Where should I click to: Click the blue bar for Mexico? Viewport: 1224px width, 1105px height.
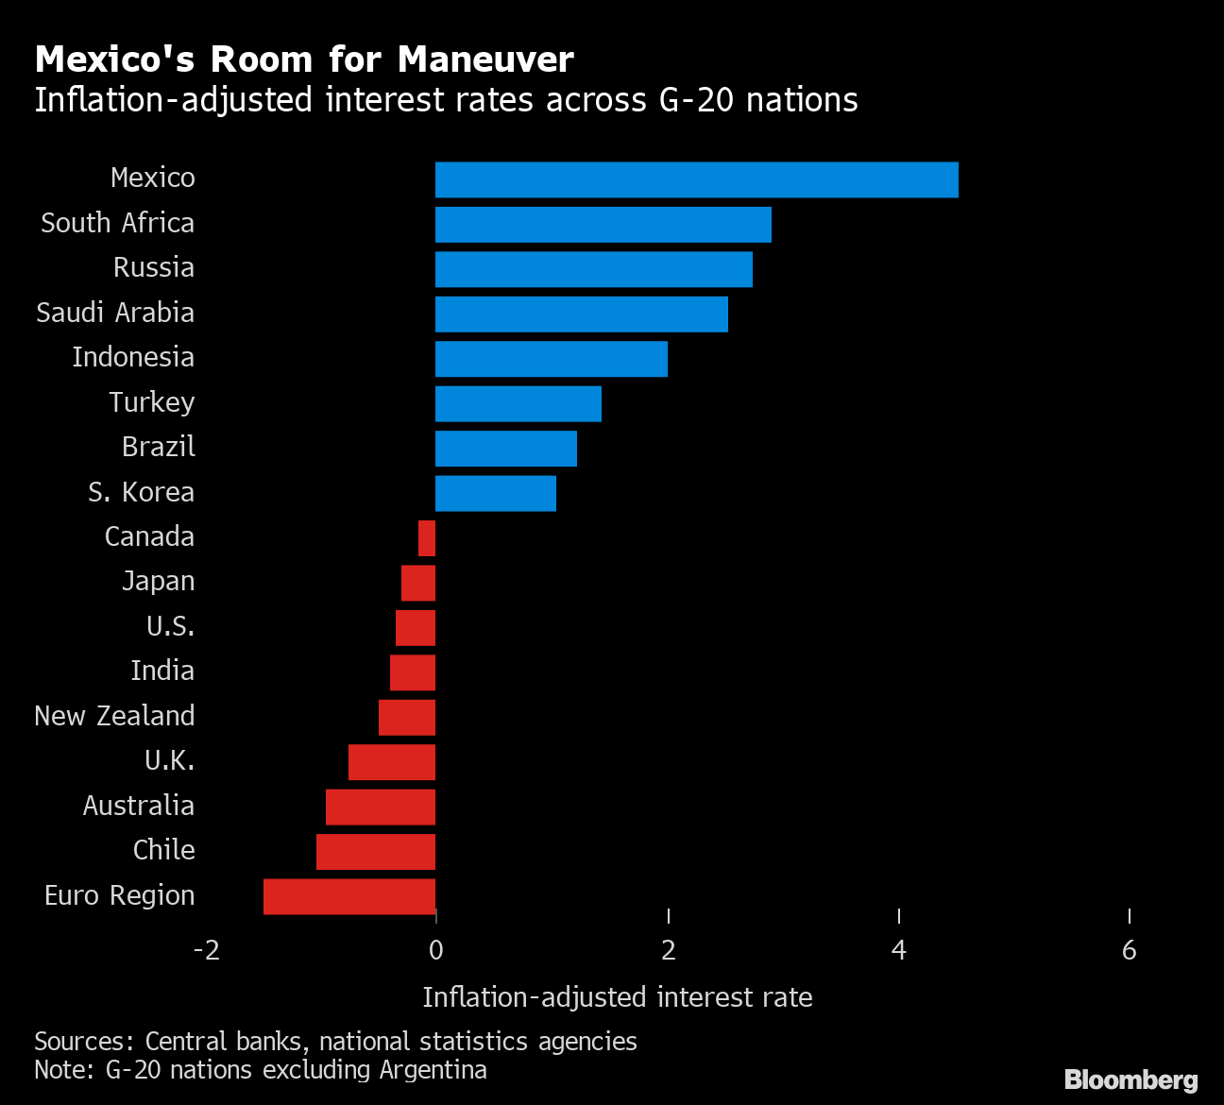coord(696,179)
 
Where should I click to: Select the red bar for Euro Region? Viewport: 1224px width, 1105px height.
coord(349,896)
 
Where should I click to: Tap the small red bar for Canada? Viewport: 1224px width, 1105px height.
coord(427,538)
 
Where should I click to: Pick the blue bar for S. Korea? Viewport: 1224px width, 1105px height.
coord(495,493)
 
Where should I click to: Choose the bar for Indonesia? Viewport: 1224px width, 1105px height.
coord(551,359)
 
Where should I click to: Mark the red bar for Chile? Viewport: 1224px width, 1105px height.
coord(376,852)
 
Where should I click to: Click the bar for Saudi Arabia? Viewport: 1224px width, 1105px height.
coord(581,314)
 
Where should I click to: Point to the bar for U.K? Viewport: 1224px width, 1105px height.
coord(392,762)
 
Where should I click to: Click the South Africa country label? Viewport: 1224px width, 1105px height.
coord(117,223)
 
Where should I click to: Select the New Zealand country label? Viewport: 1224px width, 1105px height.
coord(114,716)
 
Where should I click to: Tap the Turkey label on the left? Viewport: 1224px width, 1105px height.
coord(151,402)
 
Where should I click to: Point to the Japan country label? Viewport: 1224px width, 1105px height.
coord(158,581)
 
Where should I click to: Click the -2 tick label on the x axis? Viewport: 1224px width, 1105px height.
coord(206,950)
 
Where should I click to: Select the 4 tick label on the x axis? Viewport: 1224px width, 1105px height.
coord(898,950)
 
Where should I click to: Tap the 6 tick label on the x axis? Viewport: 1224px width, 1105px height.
coord(1129,950)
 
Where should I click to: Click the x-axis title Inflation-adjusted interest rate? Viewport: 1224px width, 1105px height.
coord(617,997)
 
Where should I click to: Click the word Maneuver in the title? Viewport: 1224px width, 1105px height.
coord(485,59)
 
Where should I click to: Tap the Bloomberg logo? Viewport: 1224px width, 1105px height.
coord(1130,1079)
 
